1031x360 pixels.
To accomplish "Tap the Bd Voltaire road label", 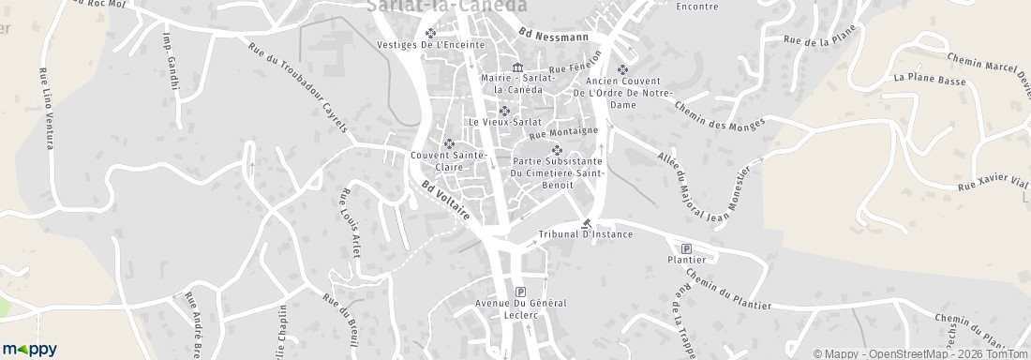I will [x=445, y=200].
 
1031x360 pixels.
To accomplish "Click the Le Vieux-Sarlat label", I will [x=505, y=122].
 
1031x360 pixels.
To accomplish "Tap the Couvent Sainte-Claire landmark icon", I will [x=449, y=142].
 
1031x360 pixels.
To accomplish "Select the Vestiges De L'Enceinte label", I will [x=430, y=44].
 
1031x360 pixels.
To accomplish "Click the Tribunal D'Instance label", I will [x=586, y=233].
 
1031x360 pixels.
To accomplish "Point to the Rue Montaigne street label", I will [x=563, y=133].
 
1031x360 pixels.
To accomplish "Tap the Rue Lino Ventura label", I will [x=43, y=108].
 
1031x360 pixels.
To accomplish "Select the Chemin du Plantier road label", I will [x=728, y=290].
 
